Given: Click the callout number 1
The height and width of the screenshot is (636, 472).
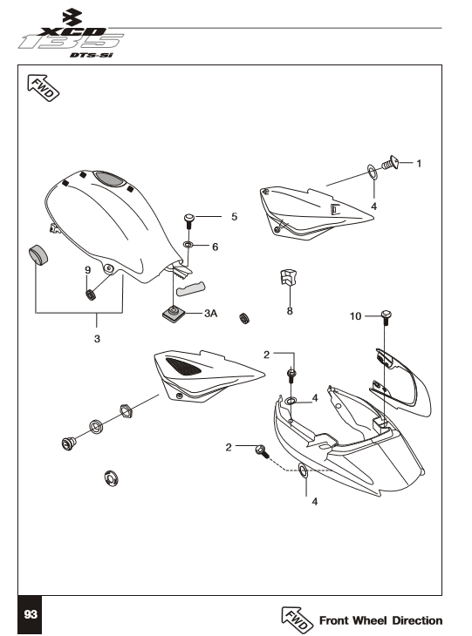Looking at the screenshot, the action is [419, 164].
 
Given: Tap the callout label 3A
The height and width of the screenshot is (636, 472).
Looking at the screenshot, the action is [211, 313].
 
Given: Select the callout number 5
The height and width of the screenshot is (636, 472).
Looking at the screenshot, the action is [235, 217].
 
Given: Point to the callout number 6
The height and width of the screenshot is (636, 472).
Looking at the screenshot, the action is [215, 247].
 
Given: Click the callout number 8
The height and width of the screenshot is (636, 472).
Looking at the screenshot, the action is [290, 311].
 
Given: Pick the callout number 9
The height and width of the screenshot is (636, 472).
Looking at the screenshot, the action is [88, 270].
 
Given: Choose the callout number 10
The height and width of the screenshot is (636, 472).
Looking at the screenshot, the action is [355, 316].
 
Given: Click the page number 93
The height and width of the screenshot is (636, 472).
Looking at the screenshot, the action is [31, 614].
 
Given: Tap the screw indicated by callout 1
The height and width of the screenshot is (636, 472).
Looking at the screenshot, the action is [390, 163].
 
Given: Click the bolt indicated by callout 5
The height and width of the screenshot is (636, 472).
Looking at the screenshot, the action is [188, 220].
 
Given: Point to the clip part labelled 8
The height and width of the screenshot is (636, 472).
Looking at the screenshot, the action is [288, 277].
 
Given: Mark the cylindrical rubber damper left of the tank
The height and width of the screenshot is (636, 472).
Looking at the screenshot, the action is [38, 254].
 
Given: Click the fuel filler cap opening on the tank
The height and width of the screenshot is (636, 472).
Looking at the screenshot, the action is [108, 179].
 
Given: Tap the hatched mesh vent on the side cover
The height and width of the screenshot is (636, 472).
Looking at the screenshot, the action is [184, 365].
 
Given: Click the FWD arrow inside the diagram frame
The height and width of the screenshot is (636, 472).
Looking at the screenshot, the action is [43, 88].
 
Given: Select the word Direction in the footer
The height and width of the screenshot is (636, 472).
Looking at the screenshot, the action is [417, 620].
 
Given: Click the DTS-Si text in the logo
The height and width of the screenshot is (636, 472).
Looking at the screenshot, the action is [91, 55].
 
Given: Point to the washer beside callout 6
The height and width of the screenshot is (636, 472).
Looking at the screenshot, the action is [188, 245].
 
